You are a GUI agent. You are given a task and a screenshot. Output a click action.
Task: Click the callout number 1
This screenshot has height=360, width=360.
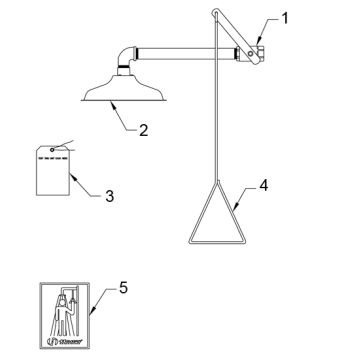point(285,16)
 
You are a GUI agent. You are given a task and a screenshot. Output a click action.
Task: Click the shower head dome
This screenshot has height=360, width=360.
point(121,85)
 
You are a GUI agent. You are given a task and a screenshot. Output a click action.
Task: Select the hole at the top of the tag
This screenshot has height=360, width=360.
point(45,149)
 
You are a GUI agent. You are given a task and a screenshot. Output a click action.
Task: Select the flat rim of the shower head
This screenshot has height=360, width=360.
point(121,99)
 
